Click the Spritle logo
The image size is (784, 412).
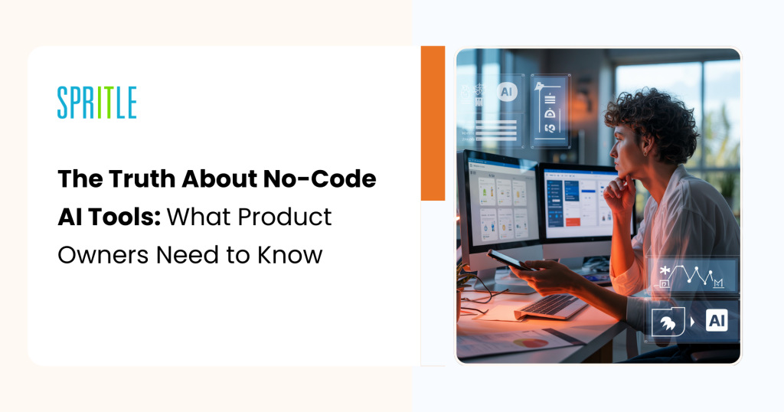click(96, 103)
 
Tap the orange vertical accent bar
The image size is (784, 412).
click(433, 123)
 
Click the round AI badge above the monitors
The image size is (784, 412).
click(506, 92)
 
